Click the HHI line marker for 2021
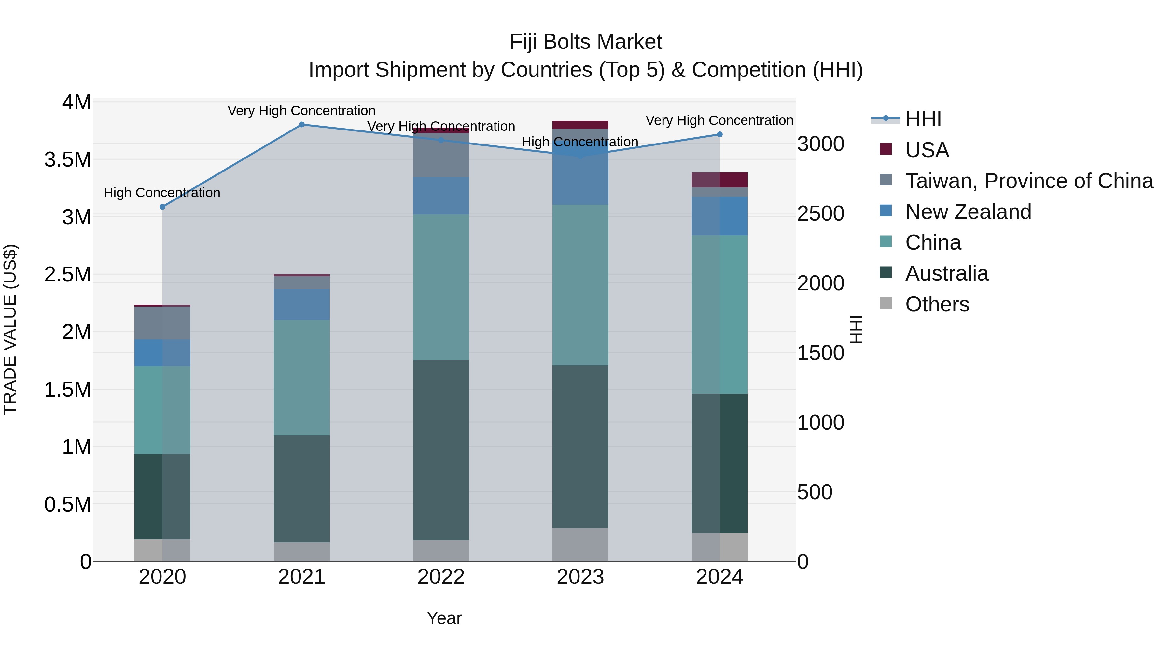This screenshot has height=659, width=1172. [x=302, y=125]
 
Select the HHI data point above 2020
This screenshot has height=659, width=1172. [x=162, y=207]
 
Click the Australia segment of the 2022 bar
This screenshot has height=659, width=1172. [x=441, y=450]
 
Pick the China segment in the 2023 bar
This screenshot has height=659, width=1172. [x=580, y=285]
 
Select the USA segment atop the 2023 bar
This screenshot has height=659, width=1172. [x=580, y=125]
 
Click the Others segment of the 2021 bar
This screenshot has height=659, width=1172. [x=302, y=552]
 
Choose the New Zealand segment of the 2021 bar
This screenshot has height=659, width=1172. [x=302, y=304]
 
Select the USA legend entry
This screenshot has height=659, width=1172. [x=927, y=150]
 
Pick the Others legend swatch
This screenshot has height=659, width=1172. [x=886, y=303]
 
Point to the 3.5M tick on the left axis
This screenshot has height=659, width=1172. [x=68, y=160]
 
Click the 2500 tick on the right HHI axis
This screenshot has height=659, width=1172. [x=821, y=214]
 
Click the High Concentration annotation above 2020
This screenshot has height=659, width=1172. [x=162, y=193]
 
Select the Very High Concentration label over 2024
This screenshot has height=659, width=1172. [x=719, y=120]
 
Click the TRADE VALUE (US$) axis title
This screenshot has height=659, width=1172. [x=10, y=329]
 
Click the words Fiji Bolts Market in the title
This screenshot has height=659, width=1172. [x=586, y=42]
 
